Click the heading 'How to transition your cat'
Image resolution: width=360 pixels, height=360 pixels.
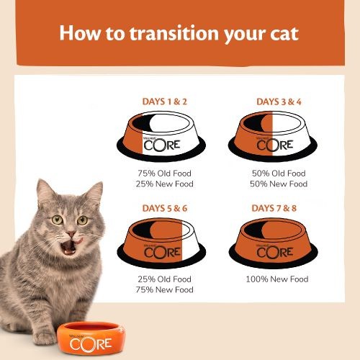179,33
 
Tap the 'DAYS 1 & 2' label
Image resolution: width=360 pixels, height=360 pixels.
166,102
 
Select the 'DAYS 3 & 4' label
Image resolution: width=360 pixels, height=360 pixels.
279,102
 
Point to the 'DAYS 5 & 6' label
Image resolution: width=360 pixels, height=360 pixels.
166,208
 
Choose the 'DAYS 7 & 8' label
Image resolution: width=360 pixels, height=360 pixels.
279,208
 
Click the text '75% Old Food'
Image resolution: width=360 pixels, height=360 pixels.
166,174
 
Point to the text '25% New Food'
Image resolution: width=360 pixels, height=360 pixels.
166,184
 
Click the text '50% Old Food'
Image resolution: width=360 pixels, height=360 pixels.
279,174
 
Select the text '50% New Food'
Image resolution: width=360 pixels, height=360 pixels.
279,184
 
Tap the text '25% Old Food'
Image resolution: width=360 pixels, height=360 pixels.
166,279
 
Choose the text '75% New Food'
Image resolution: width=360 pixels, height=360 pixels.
166,290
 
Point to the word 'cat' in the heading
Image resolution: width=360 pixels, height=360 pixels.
283,33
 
